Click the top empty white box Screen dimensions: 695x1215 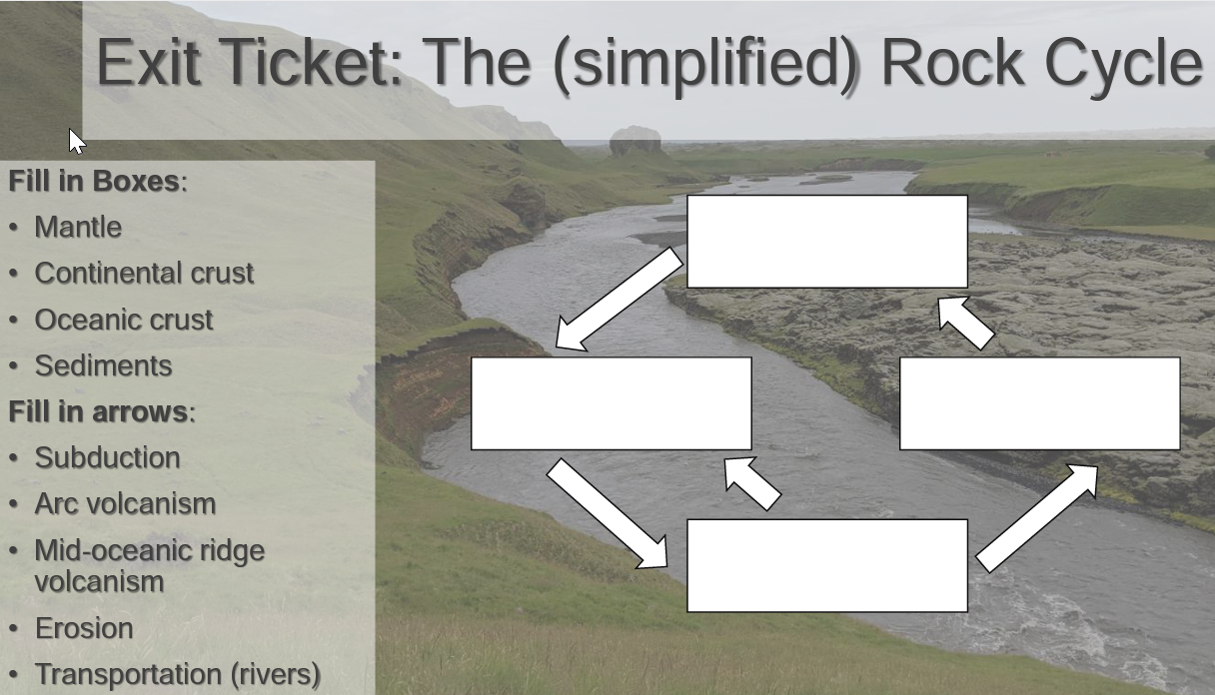tap(826, 242)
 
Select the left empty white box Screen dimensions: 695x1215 tap(610, 403)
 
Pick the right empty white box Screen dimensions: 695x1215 tap(1039, 403)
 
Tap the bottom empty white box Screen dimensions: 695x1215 tap(826, 565)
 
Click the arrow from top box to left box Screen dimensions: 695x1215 tap(619, 300)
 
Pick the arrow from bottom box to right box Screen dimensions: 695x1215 tap(1038, 516)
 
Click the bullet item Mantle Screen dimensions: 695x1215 tap(78, 228)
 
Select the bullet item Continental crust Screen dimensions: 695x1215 tap(144, 274)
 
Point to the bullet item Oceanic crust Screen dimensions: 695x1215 tap(124, 321)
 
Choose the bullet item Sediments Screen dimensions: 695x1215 tap(103, 366)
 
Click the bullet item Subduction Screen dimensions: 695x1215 tap(107, 458)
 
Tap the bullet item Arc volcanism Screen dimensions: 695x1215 tap(125, 504)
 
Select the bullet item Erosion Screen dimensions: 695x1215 tap(84, 629)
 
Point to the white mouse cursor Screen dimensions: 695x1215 tap(76, 141)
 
